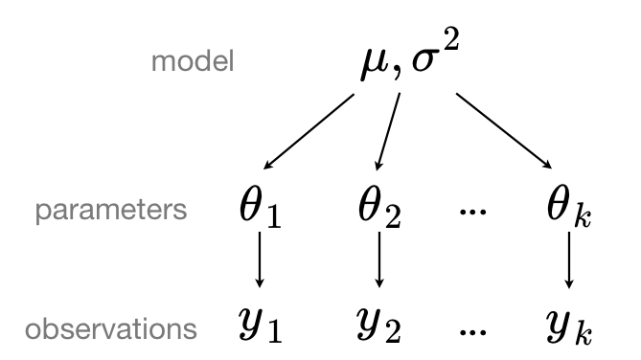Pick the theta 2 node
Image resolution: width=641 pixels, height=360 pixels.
click(x=380, y=209)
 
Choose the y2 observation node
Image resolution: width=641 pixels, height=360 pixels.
click(x=381, y=328)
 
